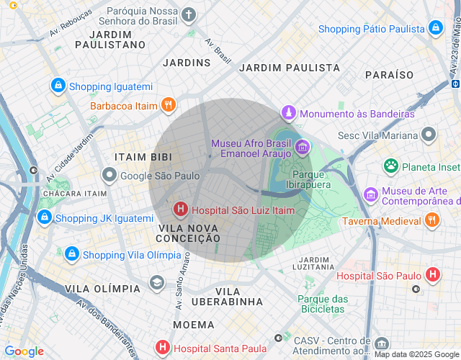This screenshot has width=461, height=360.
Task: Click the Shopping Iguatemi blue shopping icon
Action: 58,86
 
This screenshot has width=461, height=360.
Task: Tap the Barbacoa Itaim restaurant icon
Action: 168,105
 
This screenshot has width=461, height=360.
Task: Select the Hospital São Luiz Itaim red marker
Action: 180,210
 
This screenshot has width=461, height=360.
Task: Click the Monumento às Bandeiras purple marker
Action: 289,113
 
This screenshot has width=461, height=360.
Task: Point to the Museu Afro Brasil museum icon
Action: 302,147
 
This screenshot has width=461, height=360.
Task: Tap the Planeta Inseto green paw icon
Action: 391,166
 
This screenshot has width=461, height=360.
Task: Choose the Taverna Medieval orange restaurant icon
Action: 432,220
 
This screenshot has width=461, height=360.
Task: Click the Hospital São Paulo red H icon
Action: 432,274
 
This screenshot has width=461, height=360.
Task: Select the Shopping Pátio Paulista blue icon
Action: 435,28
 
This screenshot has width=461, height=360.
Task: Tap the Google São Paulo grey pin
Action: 109,175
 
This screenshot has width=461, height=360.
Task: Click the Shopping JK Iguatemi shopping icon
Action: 45,217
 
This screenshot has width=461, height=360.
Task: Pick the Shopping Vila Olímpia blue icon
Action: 72,254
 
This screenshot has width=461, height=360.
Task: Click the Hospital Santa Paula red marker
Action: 164,348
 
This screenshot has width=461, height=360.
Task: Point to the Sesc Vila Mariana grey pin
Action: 429,135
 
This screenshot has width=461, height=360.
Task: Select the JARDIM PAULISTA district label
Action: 289,68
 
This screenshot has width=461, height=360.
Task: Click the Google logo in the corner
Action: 24,351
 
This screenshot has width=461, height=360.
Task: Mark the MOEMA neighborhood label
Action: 193,325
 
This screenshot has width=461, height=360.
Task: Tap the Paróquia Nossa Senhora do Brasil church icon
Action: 188,14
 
